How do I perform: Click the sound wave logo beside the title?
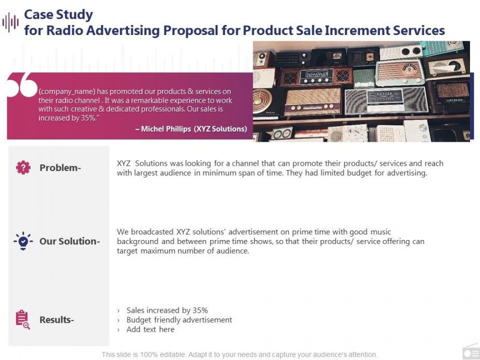11,22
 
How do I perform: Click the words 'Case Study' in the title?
58,14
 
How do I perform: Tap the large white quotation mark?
22,85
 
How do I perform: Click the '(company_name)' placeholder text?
67,92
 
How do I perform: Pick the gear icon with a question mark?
23,167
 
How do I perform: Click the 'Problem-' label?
61,168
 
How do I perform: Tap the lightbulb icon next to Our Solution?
23,241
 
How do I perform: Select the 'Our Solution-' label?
69,241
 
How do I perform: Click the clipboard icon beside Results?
23,319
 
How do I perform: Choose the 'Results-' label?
57,320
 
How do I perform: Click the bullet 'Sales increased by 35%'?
167,311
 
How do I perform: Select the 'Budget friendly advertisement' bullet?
179,320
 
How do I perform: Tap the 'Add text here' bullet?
151,329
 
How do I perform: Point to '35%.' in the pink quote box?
89,118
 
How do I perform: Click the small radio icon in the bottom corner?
471,352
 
